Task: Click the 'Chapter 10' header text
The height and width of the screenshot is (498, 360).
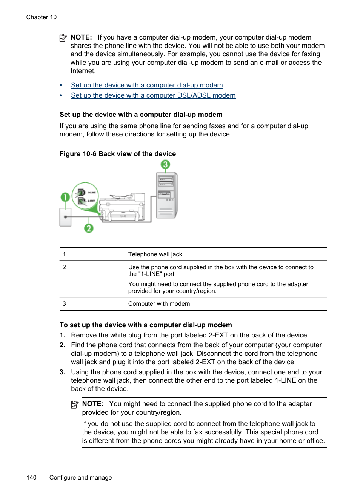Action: click(x=42, y=17)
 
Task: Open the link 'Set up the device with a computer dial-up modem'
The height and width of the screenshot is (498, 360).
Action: click(x=147, y=85)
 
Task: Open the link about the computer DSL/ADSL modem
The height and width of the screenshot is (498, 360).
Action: click(x=153, y=95)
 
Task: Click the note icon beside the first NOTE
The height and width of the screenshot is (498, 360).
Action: click(x=63, y=38)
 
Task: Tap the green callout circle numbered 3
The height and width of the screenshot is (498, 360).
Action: click(x=165, y=165)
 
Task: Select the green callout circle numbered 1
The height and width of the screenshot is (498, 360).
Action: click(x=65, y=197)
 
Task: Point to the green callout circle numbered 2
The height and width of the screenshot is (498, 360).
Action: click(x=89, y=228)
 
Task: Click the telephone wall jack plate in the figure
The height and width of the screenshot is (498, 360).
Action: click(x=65, y=217)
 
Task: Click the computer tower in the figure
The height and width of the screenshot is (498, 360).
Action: click(x=167, y=195)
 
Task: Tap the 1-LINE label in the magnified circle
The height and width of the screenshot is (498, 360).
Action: click(x=91, y=192)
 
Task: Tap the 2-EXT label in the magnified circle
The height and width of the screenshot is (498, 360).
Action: click(x=91, y=201)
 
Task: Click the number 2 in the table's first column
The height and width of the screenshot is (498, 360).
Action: click(x=64, y=267)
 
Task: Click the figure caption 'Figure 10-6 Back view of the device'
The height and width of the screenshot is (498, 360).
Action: click(x=118, y=154)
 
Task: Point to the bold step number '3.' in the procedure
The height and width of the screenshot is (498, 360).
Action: click(x=63, y=372)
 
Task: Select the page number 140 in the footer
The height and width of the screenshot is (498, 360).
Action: click(x=31, y=478)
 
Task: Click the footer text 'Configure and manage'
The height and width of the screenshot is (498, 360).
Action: click(x=80, y=478)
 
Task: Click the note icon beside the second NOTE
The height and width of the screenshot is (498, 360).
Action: click(x=75, y=405)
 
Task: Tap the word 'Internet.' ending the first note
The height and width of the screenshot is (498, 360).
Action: click(x=83, y=71)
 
